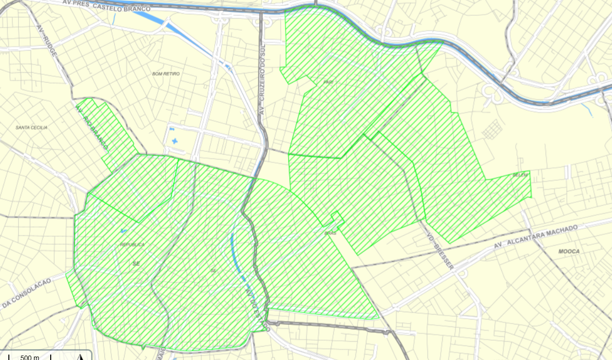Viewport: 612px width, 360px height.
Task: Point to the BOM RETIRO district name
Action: pos(166,74)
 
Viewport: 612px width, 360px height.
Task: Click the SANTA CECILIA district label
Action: pos(32,128)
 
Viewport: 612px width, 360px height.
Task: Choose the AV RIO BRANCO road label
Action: pos(92,127)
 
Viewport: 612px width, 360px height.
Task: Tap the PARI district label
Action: pos(328,82)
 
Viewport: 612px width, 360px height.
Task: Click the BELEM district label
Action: pos(520,175)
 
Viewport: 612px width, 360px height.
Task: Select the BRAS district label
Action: pos(330,233)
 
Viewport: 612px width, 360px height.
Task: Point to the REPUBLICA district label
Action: pos(132,245)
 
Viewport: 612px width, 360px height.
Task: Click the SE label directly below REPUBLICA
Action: pos(136,264)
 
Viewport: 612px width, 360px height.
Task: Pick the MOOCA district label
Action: pos(569,251)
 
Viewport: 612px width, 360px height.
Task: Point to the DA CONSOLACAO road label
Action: pos(27,293)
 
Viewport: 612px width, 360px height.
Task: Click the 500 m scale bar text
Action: pos(30,357)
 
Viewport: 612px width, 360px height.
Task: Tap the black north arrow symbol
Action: pos(79,356)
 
